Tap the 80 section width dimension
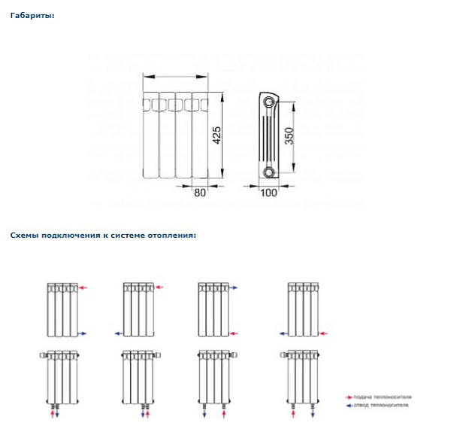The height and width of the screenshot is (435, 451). tap(200, 193)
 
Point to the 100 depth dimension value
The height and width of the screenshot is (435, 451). tap(268, 193)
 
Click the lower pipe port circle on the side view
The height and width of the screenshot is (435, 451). tap(268, 173)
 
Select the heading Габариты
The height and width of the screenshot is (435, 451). tap(32, 14)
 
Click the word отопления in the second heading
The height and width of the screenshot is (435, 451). tap(171, 235)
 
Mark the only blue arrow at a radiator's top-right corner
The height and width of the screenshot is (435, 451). tap(233, 287)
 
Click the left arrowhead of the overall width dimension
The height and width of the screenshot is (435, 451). tap(146, 75)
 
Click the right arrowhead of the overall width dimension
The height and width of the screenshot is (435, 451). tap(205, 75)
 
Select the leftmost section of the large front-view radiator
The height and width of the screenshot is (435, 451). tap(151, 135)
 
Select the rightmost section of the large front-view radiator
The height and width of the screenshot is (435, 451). tap(199, 135)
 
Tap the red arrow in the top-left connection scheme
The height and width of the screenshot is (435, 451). tap(84, 287)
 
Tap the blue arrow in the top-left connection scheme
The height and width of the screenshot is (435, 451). tap(84, 333)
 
